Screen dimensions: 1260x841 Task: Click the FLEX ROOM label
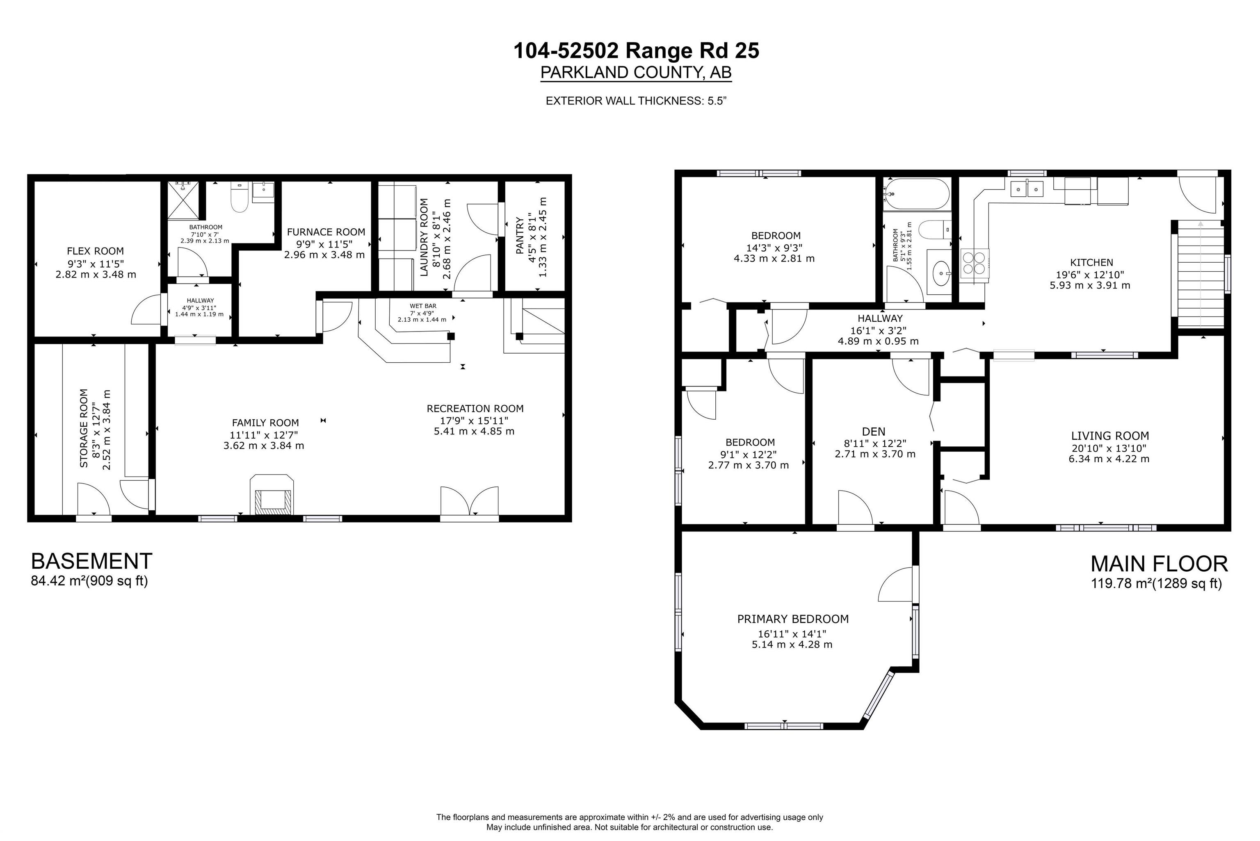click(x=96, y=251)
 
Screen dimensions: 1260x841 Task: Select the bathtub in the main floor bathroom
click(x=917, y=193)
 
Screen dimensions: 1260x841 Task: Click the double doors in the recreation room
click(x=470, y=502)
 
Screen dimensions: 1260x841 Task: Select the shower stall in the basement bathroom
click(x=183, y=200)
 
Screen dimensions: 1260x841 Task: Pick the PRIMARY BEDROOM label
click(x=792, y=619)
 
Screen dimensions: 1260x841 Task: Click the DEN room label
click(x=874, y=431)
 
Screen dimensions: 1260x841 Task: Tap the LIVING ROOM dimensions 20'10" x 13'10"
click(x=1109, y=448)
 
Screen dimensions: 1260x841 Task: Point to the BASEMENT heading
click(x=92, y=561)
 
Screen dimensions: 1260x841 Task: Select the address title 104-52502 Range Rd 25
click(x=637, y=51)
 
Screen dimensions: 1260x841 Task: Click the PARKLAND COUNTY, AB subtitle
click(x=636, y=73)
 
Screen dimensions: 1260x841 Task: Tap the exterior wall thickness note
click(x=636, y=101)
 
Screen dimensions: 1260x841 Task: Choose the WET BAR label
click(x=423, y=306)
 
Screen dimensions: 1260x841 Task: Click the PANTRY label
click(x=519, y=236)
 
